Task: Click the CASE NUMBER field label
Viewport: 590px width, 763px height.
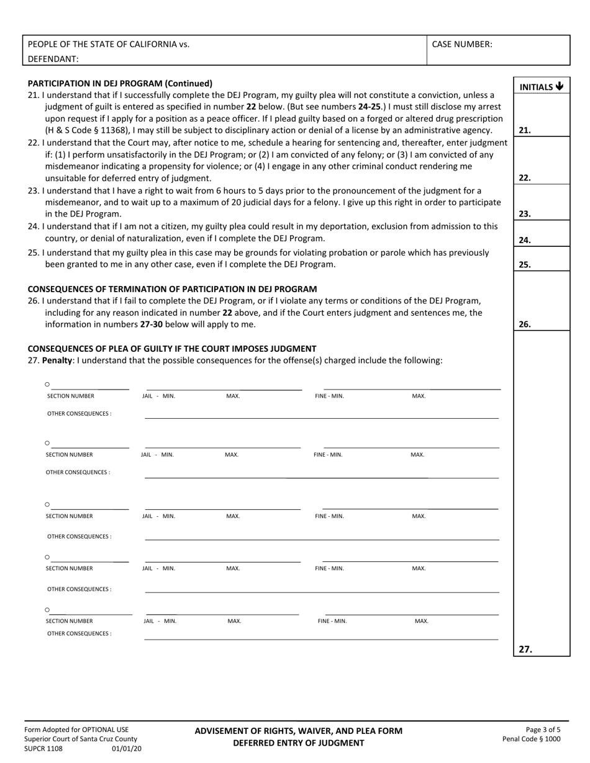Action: (x=462, y=44)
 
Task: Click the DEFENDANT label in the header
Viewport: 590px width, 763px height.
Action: (x=53, y=59)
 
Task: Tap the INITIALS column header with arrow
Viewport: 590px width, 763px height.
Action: (x=541, y=87)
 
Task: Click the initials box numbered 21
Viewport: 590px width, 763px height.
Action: (x=541, y=115)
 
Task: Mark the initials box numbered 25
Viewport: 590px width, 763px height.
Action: (x=541, y=259)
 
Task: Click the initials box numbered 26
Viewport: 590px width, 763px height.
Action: (x=541, y=301)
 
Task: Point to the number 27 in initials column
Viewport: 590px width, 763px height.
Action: (x=525, y=649)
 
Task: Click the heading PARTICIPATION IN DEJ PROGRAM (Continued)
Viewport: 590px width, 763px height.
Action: (x=120, y=83)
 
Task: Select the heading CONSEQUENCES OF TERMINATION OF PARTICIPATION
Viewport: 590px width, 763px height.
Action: (x=172, y=289)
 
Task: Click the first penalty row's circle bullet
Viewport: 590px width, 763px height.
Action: (x=47, y=385)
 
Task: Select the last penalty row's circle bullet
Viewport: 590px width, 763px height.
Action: (x=47, y=610)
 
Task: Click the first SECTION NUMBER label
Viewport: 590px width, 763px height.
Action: (x=71, y=396)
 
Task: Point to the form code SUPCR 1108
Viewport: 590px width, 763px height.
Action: (x=43, y=749)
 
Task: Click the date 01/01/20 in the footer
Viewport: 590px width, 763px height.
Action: (x=127, y=749)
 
